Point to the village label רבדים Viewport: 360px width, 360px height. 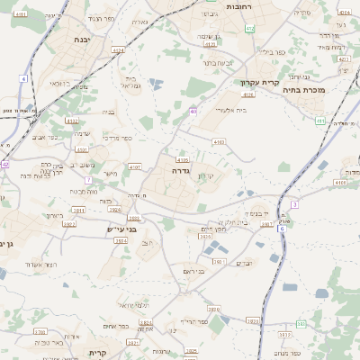[x=245, y=263]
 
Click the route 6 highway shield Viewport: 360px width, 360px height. [x=282, y=229]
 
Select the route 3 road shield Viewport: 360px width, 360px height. [x=294, y=205]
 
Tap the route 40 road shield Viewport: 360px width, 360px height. [x=193, y=112]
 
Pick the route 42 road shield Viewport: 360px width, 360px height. [x=4, y=164]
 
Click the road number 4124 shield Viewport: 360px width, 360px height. [x=119, y=51]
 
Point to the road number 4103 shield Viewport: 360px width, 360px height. [x=219, y=141]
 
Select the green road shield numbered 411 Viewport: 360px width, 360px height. [x=319, y=120]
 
